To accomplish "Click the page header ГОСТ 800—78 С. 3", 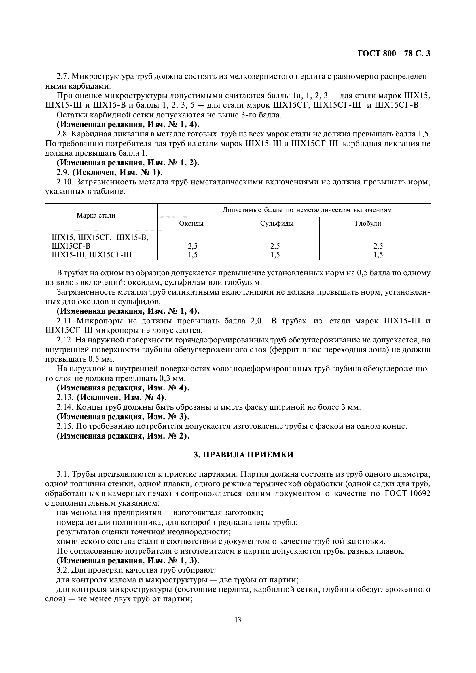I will coord(394,53).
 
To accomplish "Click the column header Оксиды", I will coord(191,223).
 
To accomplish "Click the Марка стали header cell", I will coord(96,216).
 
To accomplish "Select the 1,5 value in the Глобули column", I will coord(378,255).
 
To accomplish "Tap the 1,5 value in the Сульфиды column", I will coord(275,255).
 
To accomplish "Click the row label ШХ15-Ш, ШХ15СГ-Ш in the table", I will coord(92,255).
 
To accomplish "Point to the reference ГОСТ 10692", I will coord(407,494).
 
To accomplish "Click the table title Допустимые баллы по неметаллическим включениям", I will coord(307,210).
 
